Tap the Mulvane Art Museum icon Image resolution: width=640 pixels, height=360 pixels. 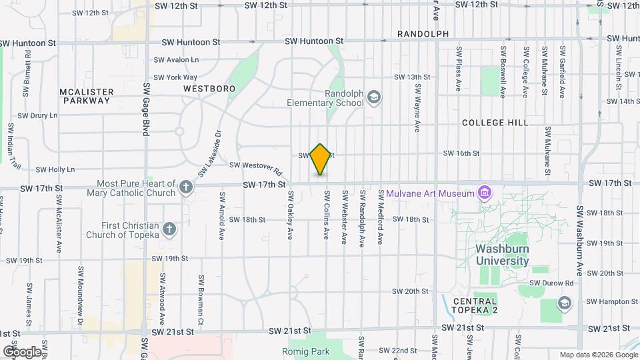pyautogui.click(x=485, y=194)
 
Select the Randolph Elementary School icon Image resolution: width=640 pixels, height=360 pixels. pyautogui.click(x=375, y=99)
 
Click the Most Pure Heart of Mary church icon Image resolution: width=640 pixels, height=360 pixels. pyautogui.click(x=186, y=188)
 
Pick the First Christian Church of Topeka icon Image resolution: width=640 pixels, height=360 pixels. pyautogui.click(x=170, y=230)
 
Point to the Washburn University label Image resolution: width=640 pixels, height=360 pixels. pyautogui.click(x=503, y=255)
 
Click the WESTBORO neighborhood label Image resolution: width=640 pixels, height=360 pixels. pyautogui.click(x=209, y=88)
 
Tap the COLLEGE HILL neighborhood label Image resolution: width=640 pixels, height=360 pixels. pyautogui.click(x=495, y=123)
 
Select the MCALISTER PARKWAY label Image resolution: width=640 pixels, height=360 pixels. pyautogui.click(x=86, y=96)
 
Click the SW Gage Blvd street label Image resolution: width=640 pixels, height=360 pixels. pyautogui.click(x=145, y=109)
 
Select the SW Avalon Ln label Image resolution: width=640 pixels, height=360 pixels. pyautogui.click(x=176, y=59)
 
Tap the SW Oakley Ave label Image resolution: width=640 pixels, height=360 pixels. pyautogui.click(x=291, y=216)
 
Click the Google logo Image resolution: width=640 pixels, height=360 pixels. pyautogui.click(x=23, y=351)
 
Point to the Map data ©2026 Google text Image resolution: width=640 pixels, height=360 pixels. pyautogui.click(x=598, y=355)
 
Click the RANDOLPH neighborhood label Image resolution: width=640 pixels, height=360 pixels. pyautogui.click(x=423, y=33)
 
